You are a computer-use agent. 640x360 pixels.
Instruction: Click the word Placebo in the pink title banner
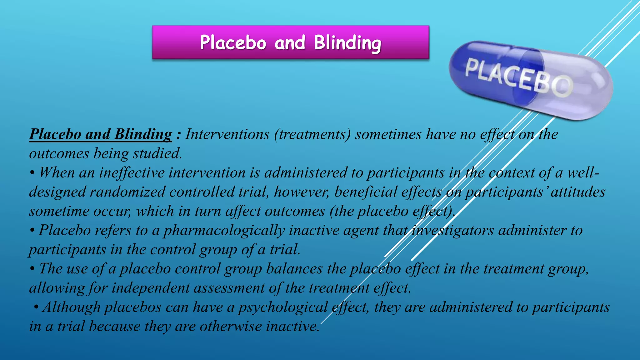[233, 43]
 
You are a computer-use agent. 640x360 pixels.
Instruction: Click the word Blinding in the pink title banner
[347, 43]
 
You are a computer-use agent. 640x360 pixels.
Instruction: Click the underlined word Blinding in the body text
[143, 134]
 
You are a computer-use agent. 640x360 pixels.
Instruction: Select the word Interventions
[227, 134]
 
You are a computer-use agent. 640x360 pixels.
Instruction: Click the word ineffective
[132, 173]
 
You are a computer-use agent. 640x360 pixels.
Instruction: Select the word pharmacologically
[224, 231]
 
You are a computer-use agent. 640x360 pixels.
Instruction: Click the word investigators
[452, 231]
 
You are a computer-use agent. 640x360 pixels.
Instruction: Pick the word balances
[294, 269]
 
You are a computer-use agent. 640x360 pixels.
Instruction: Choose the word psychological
[283, 307]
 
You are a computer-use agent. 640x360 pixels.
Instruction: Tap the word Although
[72, 307]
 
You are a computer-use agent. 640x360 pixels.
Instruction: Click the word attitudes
[578, 192]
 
